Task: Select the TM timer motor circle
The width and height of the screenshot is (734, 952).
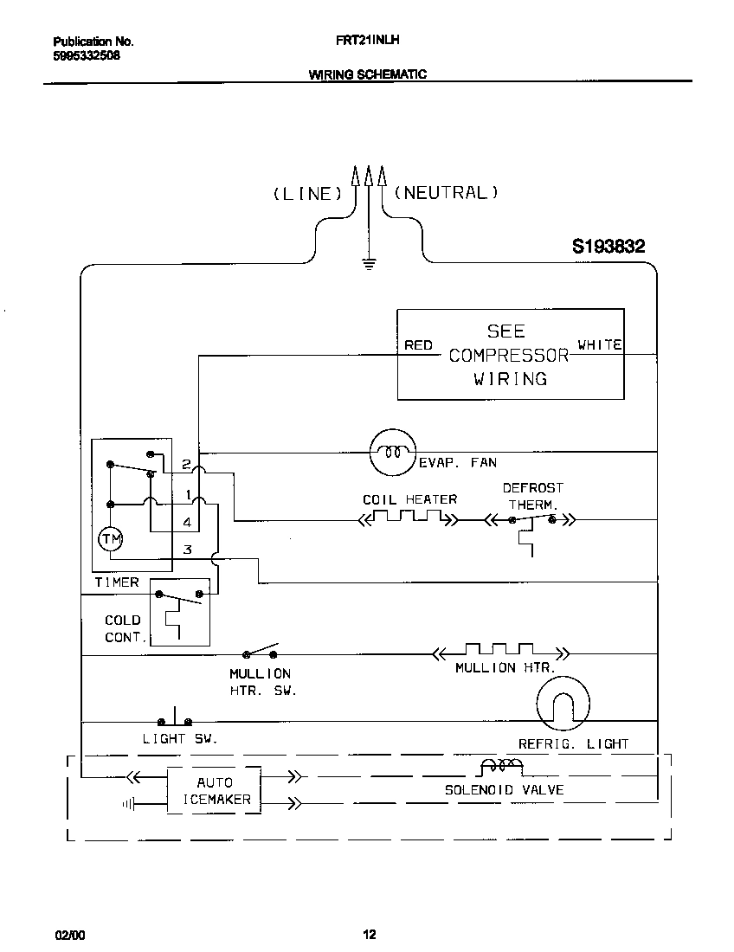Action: click(x=112, y=539)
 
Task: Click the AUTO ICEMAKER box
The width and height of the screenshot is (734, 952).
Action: click(x=214, y=791)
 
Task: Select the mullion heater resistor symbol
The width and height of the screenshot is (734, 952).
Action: click(x=501, y=651)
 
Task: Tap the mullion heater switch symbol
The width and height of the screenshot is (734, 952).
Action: click(x=262, y=652)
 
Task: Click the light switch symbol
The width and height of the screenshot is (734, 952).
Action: click(x=175, y=719)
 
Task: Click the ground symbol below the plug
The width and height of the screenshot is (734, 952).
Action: click(x=369, y=263)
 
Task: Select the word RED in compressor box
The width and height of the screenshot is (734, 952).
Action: click(x=419, y=345)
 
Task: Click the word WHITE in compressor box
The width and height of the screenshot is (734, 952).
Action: click(x=599, y=344)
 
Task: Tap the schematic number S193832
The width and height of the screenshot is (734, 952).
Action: click(x=608, y=247)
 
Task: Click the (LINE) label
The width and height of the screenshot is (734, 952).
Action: click(x=302, y=194)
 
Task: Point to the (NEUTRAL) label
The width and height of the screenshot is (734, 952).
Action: click(x=447, y=193)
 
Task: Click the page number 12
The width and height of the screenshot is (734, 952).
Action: click(x=369, y=934)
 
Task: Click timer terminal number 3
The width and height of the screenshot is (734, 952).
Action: click(x=187, y=550)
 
